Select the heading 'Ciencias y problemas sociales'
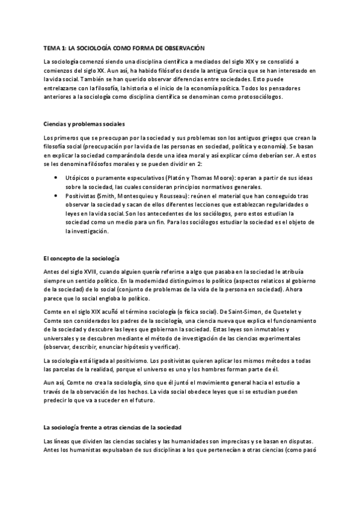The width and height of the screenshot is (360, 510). pyautogui.click(x=84, y=124)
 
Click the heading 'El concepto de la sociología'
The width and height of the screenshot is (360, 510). pyautogui.click(x=82, y=257)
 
